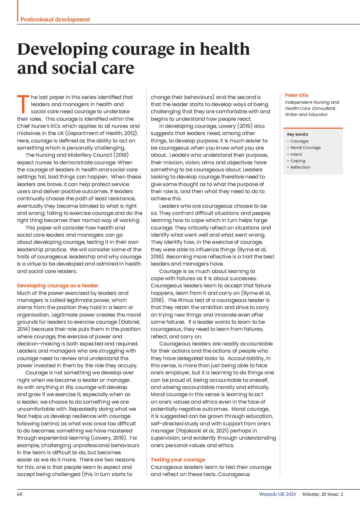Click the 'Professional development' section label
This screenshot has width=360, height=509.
coord(55,19)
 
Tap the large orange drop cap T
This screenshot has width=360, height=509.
coord(23,104)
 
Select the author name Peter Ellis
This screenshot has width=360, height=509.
coord(297,95)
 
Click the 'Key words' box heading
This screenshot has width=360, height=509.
coord(297,134)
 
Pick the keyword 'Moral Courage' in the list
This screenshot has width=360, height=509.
coord(305,148)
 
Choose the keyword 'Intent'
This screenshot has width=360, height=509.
coord(296,154)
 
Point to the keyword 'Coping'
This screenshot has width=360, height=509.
coord(298,161)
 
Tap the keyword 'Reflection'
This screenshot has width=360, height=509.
coord(300,167)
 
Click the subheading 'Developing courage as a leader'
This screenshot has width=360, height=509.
coord(58,286)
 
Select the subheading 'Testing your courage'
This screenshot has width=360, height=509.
coord(178,460)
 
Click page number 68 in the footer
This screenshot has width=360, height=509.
coord(20,494)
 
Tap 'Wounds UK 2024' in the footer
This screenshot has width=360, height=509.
coord(277,494)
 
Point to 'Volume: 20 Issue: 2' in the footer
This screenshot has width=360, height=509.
coord(322,494)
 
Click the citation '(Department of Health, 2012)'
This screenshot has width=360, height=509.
coord(102,133)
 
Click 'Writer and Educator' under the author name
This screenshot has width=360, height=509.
coord(306,115)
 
